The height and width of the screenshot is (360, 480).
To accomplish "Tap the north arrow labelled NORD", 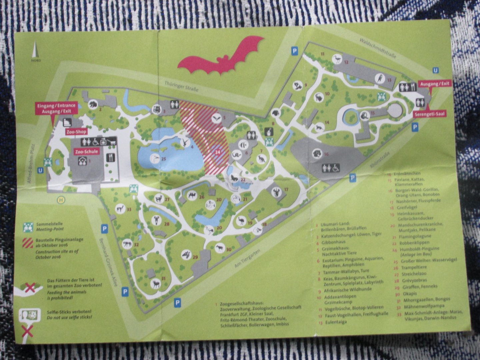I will (36, 51).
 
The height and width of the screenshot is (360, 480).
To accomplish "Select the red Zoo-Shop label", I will (76, 132).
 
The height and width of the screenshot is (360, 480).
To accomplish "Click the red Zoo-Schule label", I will (87, 151).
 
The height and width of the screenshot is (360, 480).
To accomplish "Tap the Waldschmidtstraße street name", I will (378, 48).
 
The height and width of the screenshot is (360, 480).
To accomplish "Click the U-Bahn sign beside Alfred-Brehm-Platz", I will (41, 170).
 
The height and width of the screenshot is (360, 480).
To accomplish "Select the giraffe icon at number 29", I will (186, 255).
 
